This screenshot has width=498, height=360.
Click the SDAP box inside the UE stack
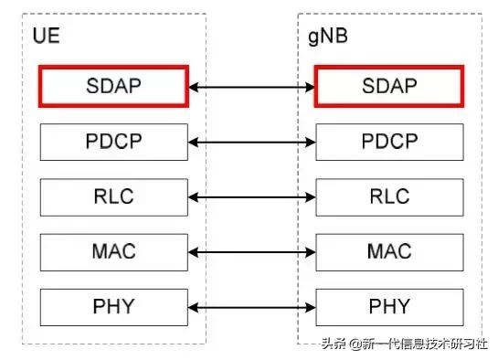click(x=113, y=87)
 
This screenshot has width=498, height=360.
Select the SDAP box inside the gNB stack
click(x=388, y=87)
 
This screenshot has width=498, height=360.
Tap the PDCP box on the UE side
click(x=113, y=142)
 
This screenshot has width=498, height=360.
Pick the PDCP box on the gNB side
click(x=388, y=142)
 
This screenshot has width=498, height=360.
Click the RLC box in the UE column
click(x=113, y=196)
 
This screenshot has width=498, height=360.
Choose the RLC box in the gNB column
click(x=388, y=196)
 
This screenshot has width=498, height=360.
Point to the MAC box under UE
click(x=113, y=250)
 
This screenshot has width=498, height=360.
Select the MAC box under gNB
click(x=388, y=250)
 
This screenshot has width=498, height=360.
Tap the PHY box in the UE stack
click(x=113, y=305)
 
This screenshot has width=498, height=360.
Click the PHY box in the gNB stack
click(x=388, y=305)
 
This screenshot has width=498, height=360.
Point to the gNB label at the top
click(x=328, y=38)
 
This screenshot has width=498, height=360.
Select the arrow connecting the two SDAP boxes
click(x=251, y=88)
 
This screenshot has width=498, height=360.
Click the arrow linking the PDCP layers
click(x=251, y=143)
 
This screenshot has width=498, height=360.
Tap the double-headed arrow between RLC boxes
click(x=251, y=196)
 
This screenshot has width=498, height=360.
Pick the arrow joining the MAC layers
click(x=251, y=251)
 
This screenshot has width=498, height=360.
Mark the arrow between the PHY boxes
click(x=251, y=306)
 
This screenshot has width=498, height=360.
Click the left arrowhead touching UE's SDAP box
click(x=193, y=88)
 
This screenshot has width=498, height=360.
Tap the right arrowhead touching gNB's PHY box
click(x=310, y=306)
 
